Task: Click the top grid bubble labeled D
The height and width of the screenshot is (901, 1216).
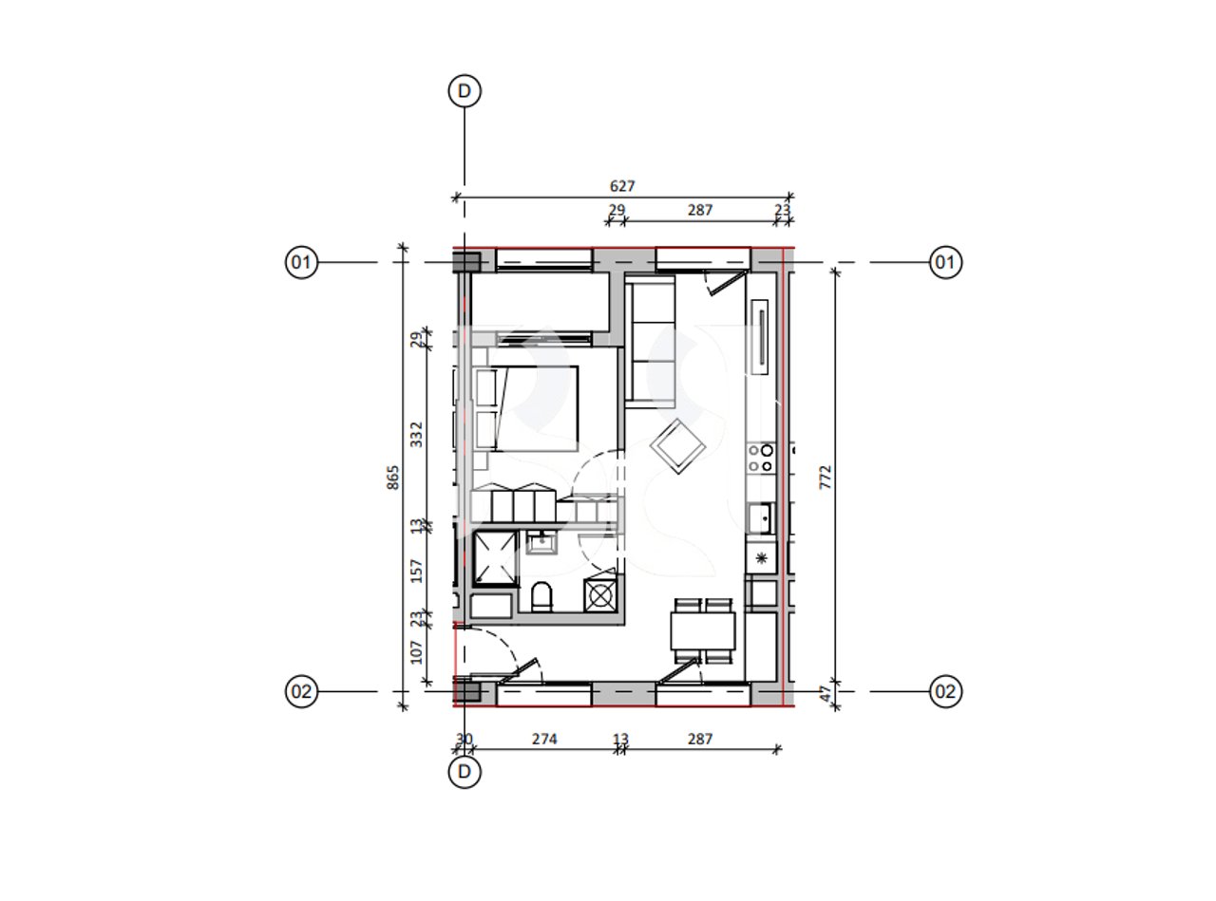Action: coord(465,91)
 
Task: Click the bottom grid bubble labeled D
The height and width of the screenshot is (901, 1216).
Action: coord(465,772)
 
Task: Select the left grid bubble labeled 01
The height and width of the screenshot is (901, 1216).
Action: coord(301,262)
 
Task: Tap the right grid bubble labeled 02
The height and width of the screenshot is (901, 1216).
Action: coord(945,691)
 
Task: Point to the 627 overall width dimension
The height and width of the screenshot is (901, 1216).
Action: coord(622,186)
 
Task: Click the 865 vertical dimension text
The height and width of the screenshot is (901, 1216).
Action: coord(393,478)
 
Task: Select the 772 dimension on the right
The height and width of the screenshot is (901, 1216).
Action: coord(826,477)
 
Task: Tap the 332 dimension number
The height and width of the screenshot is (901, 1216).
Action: coord(417,435)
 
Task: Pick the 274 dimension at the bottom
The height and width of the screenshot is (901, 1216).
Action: coord(544,740)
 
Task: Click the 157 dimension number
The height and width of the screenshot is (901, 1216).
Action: coord(417,571)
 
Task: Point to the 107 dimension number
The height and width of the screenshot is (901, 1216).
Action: coord(417,652)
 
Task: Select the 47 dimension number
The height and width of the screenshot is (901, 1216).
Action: coord(826,693)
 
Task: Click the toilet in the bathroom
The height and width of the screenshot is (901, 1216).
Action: coord(541,596)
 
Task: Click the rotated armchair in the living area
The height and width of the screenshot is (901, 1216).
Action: coord(677,446)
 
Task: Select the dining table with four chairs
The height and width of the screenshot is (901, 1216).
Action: coord(703,630)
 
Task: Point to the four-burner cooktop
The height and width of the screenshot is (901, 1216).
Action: coord(761,459)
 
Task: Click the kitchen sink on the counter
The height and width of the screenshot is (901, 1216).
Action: coord(760,518)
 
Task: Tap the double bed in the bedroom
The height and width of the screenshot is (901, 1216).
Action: coord(527,409)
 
